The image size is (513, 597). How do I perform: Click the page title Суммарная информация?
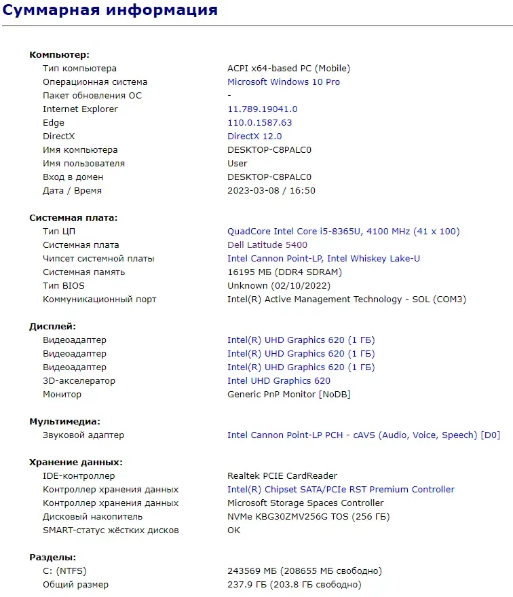pyautogui.click(x=111, y=10)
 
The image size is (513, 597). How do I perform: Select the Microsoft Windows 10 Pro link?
pyautogui.click(x=284, y=82)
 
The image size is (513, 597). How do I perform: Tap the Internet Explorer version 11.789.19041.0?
pyautogui.click(x=262, y=109)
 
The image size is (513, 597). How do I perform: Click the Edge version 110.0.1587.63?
pyautogui.click(x=259, y=123)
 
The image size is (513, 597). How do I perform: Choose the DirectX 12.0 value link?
pyautogui.click(x=254, y=137)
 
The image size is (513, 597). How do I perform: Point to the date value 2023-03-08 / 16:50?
pyautogui.click(x=271, y=191)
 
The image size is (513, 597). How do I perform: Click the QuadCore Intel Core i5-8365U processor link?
pyautogui.click(x=343, y=232)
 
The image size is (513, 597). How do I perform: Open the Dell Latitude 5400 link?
pyautogui.click(x=267, y=245)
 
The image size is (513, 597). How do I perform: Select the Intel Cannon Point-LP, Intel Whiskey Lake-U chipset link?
pyautogui.click(x=323, y=259)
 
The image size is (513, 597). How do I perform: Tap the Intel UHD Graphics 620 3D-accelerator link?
pyautogui.click(x=279, y=381)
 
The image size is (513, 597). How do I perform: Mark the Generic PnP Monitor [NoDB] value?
pyautogui.click(x=288, y=395)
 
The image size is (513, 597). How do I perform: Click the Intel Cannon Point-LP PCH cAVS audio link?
pyautogui.click(x=363, y=435)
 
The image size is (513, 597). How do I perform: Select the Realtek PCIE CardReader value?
pyautogui.click(x=282, y=476)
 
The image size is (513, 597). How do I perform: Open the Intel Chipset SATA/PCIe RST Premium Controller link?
pyautogui.click(x=341, y=490)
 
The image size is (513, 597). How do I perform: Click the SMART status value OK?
pyautogui.click(x=233, y=530)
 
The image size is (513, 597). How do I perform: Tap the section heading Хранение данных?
pyautogui.click(x=76, y=463)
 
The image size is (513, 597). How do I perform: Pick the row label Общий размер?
pyautogui.click(x=75, y=585)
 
